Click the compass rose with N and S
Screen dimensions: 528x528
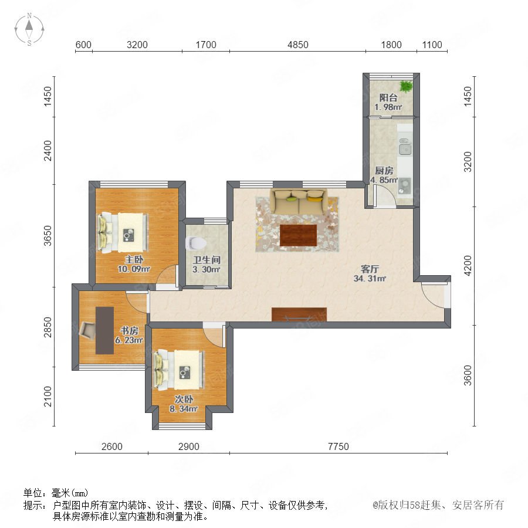[29, 29]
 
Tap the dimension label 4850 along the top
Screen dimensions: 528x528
[297, 45]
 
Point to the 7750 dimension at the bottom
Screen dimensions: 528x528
[338, 446]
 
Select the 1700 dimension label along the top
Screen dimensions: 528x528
[206, 45]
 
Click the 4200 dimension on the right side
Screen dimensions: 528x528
[468, 266]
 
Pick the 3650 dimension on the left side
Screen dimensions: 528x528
[48, 236]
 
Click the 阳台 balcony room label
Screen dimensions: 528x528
[388, 97]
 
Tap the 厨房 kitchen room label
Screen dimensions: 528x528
[384, 170]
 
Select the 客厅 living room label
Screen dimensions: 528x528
[370, 269]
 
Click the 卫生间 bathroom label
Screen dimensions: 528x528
[207, 260]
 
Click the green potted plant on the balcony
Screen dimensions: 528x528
[406, 86]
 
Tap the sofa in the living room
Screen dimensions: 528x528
[299, 201]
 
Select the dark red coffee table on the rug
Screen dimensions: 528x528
[298, 235]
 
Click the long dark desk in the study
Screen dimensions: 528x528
[104, 330]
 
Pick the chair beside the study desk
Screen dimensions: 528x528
[87, 330]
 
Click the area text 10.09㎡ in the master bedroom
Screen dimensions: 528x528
[134, 269]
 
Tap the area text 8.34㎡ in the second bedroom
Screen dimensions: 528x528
[184, 409]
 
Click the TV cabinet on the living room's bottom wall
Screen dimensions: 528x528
[299, 314]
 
